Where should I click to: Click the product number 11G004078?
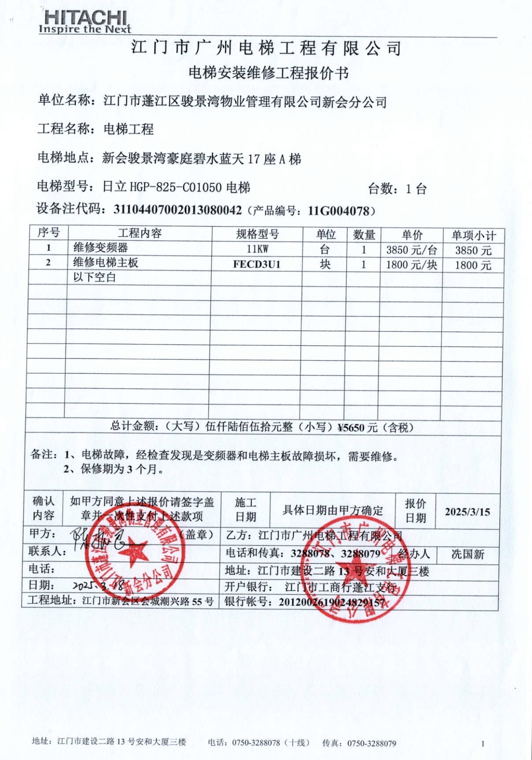[x=338, y=211]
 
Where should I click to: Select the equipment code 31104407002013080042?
[x=177, y=210]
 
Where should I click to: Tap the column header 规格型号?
[x=257, y=234]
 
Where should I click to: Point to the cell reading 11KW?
[x=257, y=249]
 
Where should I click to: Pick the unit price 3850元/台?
[x=411, y=250]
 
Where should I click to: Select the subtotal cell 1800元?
[x=473, y=265]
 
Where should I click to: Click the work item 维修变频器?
[x=100, y=248]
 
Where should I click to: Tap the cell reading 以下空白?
[x=95, y=277]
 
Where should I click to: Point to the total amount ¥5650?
[x=351, y=427]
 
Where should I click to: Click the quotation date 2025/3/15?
[x=467, y=511]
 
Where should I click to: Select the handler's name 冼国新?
[x=468, y=554]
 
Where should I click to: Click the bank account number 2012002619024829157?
[x=332, y=602]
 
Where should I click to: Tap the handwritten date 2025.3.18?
[x=98, y=585]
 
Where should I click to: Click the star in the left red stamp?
[x=133, y=552]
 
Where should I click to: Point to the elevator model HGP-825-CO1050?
[x=176, y=187]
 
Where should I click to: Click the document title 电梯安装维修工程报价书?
[x=269, y=73]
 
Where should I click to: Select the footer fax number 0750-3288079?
[x=372, y=743]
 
